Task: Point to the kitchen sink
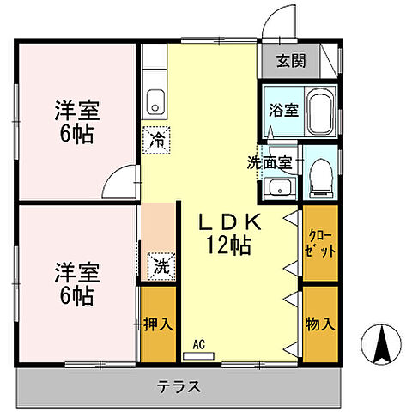click(x=154, y=101)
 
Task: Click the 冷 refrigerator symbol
click(x=157, y=137)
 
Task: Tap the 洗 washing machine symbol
click(x=161, y=265)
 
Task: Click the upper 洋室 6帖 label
click(x=76, y=122)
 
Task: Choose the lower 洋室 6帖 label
click(x=76, y=284)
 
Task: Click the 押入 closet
click(x=158, y=324)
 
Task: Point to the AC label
click(x=199, y=344)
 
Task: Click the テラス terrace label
click(x=179, y=386)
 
